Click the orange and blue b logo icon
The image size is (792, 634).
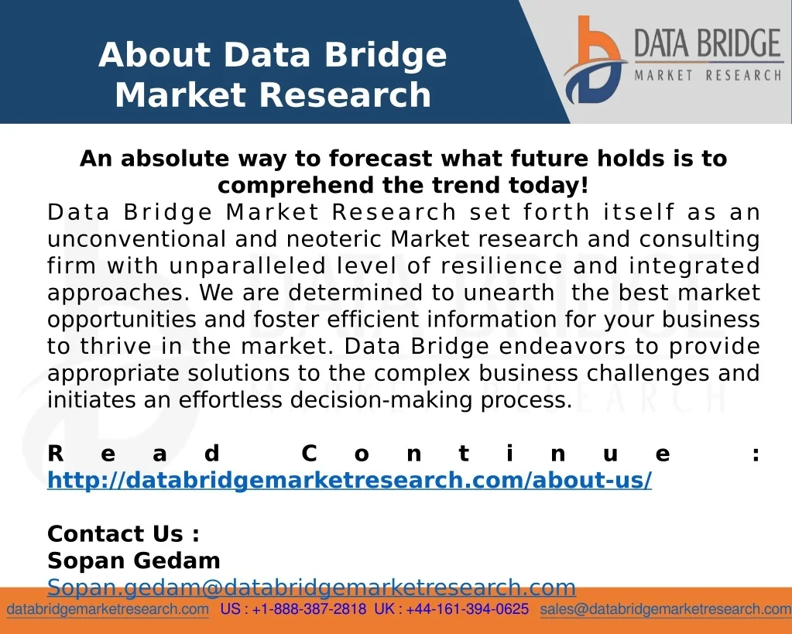coord(595,60)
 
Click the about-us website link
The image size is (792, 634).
coord(349,480)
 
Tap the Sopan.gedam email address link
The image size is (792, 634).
coord(311,587)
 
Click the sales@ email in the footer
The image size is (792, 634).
coord(666,609)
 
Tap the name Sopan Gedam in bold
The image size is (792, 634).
coord(134,560)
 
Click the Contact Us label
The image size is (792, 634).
coord(123,533)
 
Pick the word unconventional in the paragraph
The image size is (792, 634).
coord(136,239)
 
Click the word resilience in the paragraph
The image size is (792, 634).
coord(501,266)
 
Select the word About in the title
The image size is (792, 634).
coord(154,54)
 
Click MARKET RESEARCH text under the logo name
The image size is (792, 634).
coord(708,76)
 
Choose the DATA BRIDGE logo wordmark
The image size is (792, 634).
coord(708,43)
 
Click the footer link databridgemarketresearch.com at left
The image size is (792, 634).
coord(108,609)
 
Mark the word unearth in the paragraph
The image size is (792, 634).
coord(509,293)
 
